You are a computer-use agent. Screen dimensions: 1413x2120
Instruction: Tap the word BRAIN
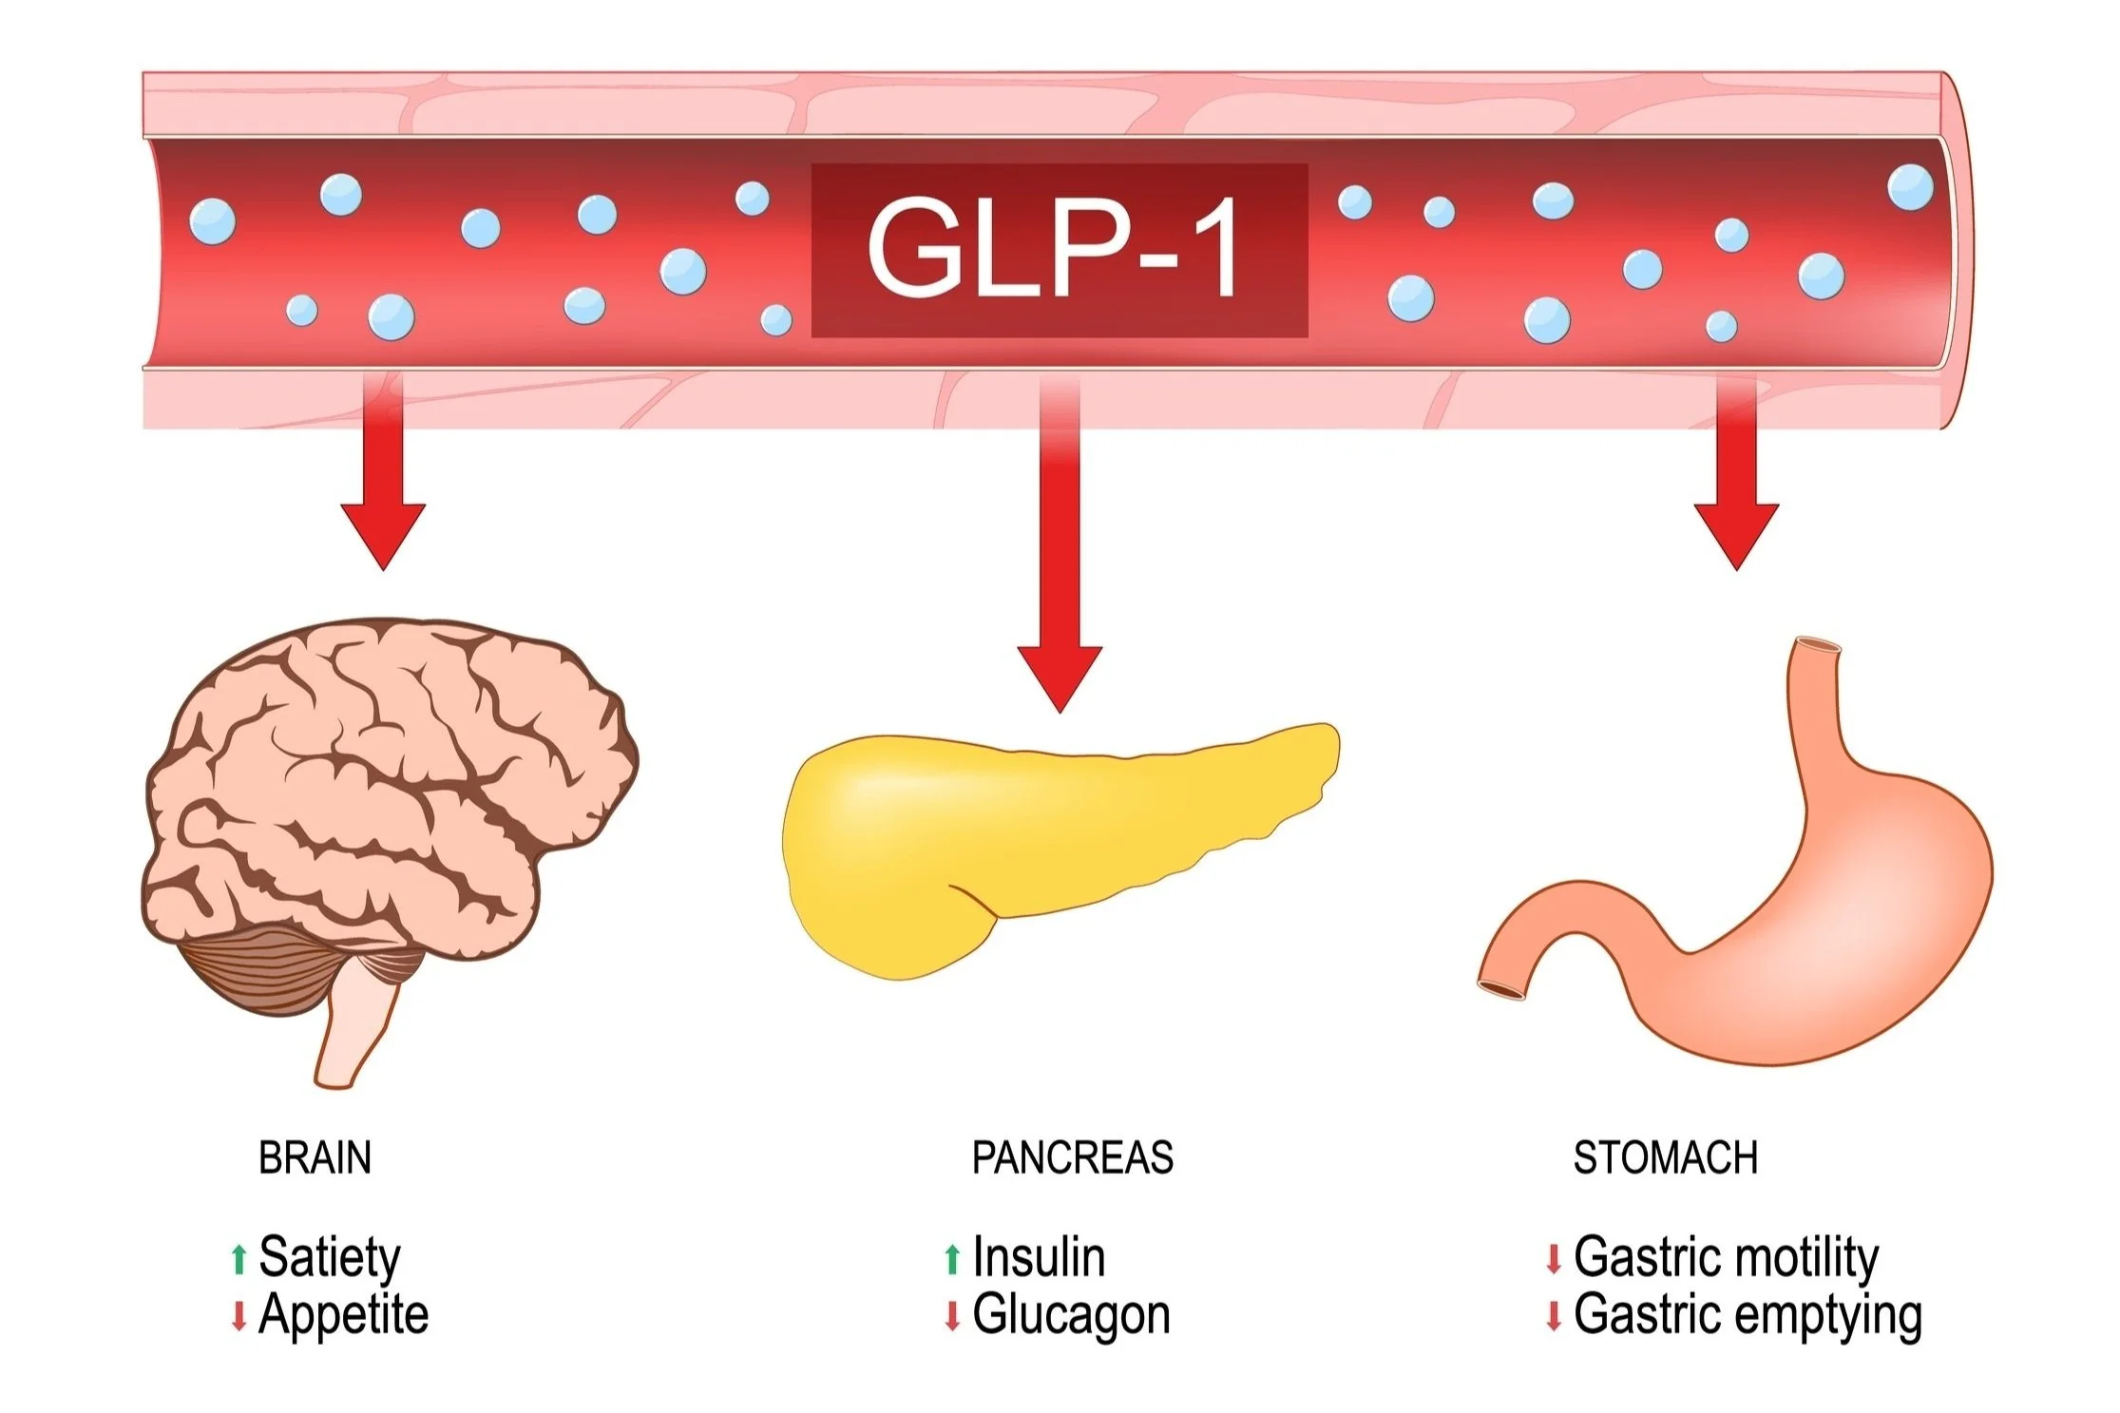pos(315,1157)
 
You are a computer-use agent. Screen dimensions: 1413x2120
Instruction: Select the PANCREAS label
pos(1072,1157)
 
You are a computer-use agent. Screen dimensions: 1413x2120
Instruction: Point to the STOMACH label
pos(1665,1157)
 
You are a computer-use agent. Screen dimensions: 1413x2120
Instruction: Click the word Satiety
pos(330,1257)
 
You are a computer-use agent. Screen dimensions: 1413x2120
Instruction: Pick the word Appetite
pos(343,1315)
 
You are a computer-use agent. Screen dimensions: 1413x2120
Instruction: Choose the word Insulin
pos(1039,1257)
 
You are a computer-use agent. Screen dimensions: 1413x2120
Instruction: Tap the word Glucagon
pos(1071,1315)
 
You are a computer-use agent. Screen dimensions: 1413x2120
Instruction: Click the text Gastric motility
pos(1726,1257)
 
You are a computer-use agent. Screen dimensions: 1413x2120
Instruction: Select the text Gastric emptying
pos(1748,1315)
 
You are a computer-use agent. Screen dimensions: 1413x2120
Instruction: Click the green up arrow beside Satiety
pos(239,1258)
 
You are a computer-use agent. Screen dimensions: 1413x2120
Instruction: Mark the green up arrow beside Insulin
pos(952,1258)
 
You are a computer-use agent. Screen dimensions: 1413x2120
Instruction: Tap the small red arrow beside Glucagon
pos(952,1316)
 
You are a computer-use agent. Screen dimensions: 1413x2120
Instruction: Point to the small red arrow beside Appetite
pos(239,1316)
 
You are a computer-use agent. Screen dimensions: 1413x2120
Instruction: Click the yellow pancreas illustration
pos(1026,836)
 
